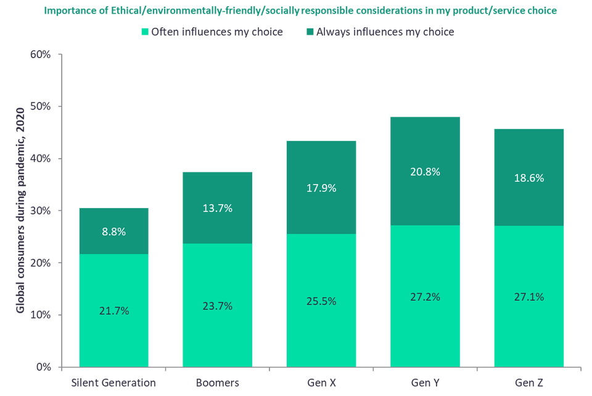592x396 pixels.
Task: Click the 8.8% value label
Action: [x=113, y=232]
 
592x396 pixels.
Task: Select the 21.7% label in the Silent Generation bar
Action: [x=113, y=311]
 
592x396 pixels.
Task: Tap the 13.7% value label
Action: [x=217, y=208]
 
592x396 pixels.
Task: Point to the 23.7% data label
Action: [x=217, y=306]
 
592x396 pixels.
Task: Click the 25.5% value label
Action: [x=321, y=301]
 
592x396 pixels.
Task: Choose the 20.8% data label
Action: [x=425, y=172]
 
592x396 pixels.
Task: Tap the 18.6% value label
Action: [x=529, y=178]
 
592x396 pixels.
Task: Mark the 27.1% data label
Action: [x=529, y=297]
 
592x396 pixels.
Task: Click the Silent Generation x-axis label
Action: [x=113, y=383]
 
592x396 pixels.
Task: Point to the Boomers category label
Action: [x=217, y=383]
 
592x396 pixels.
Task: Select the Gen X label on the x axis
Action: [x=321, y=383]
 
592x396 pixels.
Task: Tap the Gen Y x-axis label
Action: [x=425, y=383]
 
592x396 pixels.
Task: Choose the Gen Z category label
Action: [x=529, y=383]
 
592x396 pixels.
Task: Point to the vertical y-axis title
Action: [x=19, y=210]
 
